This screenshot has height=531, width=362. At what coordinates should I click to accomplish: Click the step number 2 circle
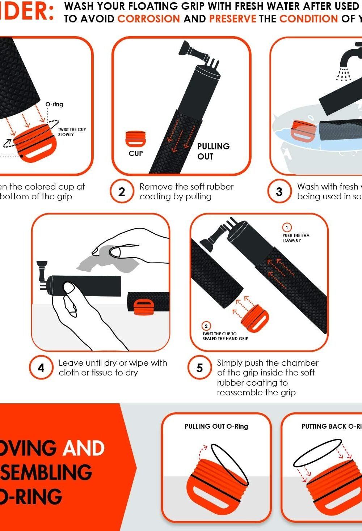[x=122, y=191]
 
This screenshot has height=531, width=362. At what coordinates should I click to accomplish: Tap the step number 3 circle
[x=279, y=191]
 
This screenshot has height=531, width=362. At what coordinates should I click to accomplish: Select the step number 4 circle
[x=41, y=368]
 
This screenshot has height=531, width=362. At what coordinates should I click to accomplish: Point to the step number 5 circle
[x=199, y=368]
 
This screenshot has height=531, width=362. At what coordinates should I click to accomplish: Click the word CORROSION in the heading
[x=149, y=19]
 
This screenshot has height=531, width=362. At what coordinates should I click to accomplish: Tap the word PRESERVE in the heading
[x=232, y=19]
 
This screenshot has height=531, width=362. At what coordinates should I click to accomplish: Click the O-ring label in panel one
[x=54, y=104]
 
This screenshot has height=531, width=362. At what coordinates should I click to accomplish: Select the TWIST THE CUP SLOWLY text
[x=72, y=132]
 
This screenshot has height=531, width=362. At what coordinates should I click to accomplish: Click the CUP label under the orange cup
[x=136, y=153]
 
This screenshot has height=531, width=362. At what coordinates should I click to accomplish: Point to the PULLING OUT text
[x=213, y=151]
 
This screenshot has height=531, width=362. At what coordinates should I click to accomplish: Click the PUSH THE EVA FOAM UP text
[x=296, y=238]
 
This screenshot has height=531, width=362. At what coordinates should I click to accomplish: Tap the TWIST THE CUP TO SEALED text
[x=225, y=336]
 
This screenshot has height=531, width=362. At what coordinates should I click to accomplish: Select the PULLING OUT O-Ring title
[x=216, y=426]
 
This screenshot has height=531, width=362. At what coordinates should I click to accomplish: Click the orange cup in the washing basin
[x=303, y=131]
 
